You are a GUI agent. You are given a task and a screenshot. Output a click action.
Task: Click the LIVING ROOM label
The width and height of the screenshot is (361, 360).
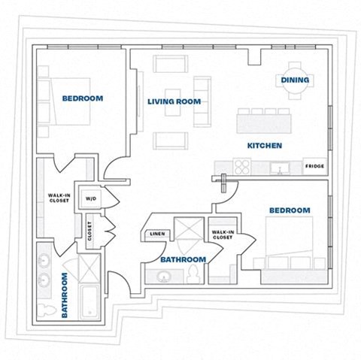[x=174, y=101]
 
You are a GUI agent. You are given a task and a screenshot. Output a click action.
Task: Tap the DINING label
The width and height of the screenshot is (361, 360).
[x=294, y=80]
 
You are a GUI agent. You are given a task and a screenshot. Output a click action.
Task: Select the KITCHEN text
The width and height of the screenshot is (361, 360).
[x=265, y=145]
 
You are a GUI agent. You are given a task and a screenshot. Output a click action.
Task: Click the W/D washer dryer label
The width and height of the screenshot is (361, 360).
[x=90, y=199]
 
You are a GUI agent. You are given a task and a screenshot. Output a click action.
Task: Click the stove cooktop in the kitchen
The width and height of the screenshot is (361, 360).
[x=241, y=167]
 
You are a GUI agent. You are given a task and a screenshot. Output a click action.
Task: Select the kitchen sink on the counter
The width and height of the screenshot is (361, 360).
[x=279, y=168]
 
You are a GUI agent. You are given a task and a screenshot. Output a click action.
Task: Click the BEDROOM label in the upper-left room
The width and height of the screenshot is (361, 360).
[x=83, y=98]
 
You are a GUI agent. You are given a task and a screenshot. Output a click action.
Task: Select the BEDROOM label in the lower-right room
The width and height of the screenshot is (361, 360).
[x=290, y=210]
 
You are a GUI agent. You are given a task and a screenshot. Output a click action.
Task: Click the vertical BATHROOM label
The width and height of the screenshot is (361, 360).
[x=65, y=295]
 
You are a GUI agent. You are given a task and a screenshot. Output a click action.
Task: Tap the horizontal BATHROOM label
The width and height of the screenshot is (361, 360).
[x=183, y=259]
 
